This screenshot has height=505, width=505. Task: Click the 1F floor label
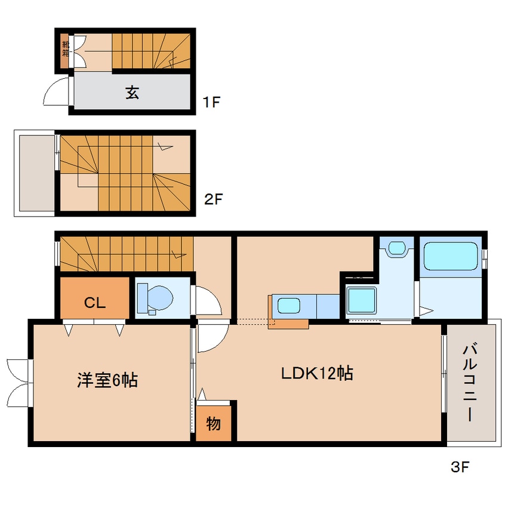coord(211,102)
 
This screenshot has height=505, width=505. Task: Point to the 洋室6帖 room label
coord(107,380)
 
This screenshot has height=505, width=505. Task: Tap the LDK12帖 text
coord(317,374)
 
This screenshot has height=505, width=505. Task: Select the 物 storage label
coord(213,424)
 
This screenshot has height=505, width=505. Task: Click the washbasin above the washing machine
coord(396,248)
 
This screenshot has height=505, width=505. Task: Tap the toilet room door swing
coord(207,301)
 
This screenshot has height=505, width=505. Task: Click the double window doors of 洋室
coord(19,382)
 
